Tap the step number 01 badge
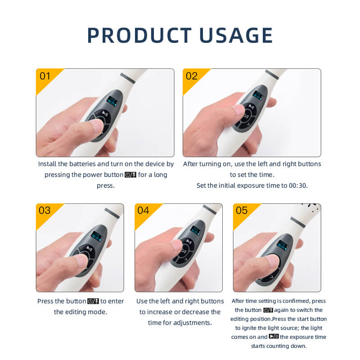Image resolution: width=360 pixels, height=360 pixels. [x=45, y=76]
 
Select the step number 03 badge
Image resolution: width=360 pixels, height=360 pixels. [x=45, y=211]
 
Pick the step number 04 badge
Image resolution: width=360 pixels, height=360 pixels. [x=143, y=211]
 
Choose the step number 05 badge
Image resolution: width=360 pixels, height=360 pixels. [x=242, y=211]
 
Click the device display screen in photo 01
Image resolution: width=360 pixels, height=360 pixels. [x=111, y=100]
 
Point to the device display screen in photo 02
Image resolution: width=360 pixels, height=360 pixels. [x=258, y=95]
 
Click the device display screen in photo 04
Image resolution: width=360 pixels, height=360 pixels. [x=196, y=230]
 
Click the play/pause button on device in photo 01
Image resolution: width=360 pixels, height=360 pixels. [x=104, y=114]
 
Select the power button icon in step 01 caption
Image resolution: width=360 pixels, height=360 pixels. [x=130, y=175]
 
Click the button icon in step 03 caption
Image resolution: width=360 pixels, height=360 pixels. [x=93, y=301]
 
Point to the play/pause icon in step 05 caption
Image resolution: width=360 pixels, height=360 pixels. [x=274, y=337]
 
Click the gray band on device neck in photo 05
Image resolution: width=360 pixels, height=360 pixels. [x=298, y=221]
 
